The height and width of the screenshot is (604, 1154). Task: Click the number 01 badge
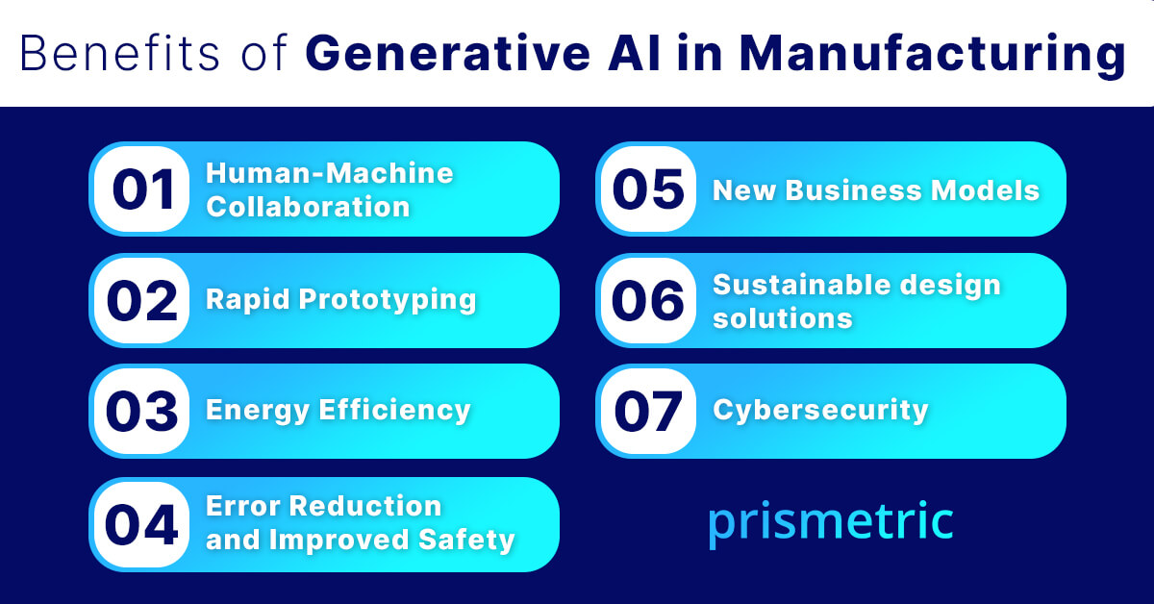[x=142, y=189]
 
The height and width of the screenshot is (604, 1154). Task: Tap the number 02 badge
[x=142, y=301]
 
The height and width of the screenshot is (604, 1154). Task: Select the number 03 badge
[x=142, y=412]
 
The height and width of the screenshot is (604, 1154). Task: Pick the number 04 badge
[x=142, y=525]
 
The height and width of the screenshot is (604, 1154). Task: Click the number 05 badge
[x=648, y=189]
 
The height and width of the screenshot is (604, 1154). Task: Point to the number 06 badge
[x=648, y=301]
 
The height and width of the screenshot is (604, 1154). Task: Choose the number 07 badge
[x=648, y=412]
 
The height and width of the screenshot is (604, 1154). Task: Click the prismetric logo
[x=831, y=521]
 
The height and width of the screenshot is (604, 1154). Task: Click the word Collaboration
[x=309, y=206]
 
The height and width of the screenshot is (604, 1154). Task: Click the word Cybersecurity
[x=820, y=411]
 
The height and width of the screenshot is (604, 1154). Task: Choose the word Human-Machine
[x=330, y=174]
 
